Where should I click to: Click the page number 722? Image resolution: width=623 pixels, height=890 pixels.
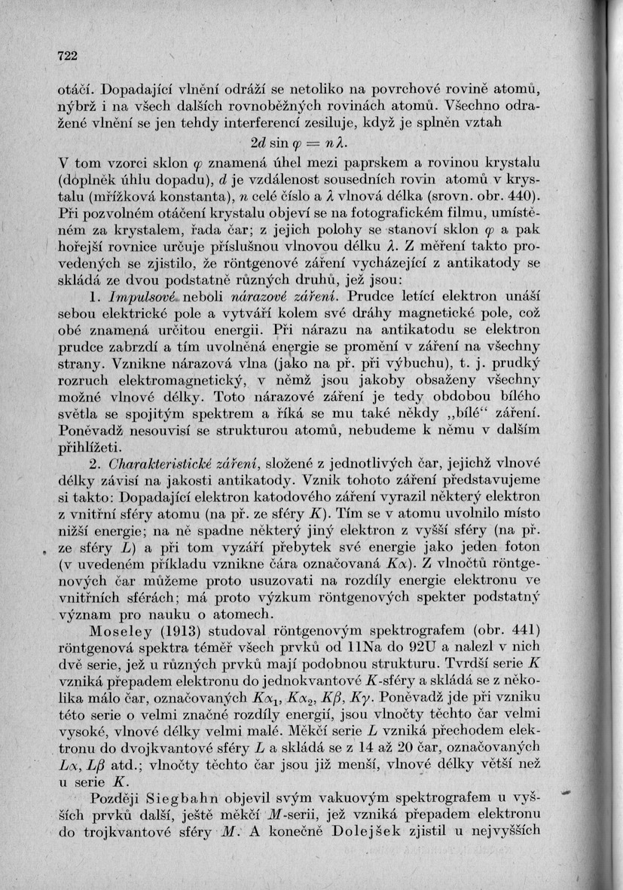(x=68, y=56)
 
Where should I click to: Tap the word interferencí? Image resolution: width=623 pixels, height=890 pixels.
(x=276, y=122)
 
